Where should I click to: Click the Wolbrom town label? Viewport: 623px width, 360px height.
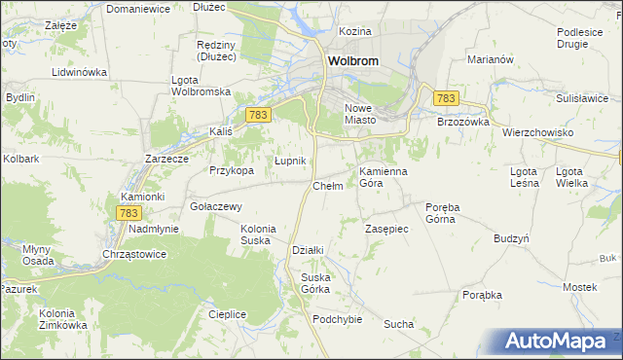[x=352, y=59]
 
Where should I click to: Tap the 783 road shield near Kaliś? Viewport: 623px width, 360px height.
[x=257, y=115]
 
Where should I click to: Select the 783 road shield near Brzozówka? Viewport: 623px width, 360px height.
[x=446, y=98]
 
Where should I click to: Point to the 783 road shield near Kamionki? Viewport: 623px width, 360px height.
[x=128, y=212]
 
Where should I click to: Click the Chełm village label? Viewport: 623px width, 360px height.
[x=327, y=186]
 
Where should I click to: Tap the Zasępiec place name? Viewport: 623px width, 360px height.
[x=386, y=229]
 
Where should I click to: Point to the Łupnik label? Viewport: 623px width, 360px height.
[x=290, y=161]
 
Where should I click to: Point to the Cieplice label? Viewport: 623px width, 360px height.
[x=227, y=314]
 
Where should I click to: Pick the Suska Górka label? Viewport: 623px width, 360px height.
[x=315, y=283]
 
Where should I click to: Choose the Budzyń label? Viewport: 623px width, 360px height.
[x=511, y=238]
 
